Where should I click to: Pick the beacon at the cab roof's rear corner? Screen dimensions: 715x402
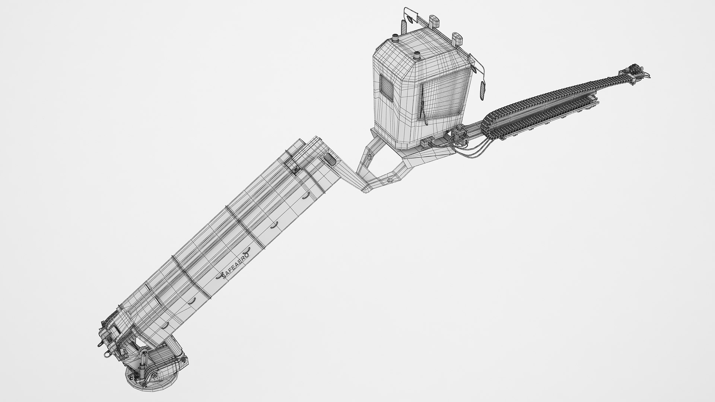pos(395,39)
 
